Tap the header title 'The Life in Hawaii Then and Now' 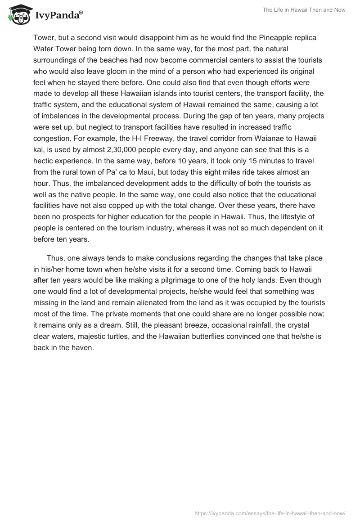304,10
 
